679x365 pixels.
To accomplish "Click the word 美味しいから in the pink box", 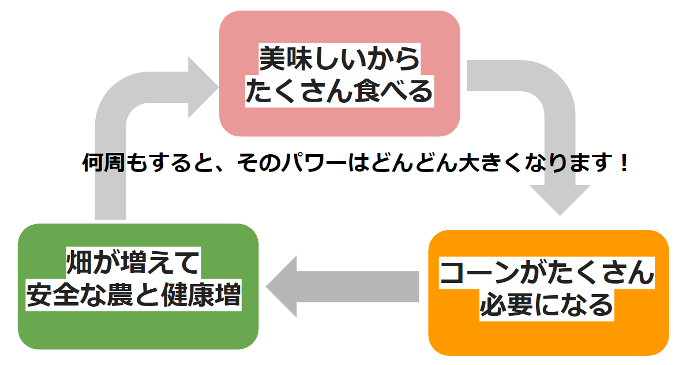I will [x=339, y=59].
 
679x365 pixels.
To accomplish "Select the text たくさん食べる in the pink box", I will [x=339, y=92].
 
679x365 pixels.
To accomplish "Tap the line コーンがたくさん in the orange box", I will [x=547, y=273].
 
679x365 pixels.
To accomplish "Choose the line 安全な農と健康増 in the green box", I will [x=134, y=295].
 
